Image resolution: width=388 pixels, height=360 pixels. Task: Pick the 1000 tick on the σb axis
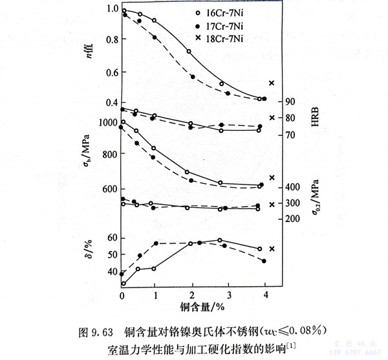[105, 122]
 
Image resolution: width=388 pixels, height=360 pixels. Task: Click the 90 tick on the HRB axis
[290, 102]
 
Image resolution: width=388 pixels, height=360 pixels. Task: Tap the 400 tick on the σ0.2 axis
[292, 187]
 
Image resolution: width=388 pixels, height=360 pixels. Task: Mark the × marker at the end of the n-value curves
[272, 83]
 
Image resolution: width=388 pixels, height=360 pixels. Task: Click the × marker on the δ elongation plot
[272, 249]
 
